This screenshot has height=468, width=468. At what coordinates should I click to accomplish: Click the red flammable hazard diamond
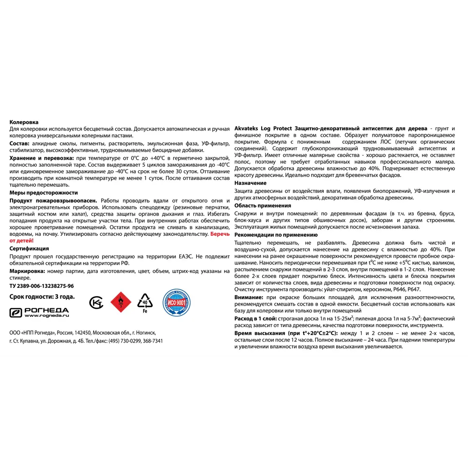(x=120, y=302)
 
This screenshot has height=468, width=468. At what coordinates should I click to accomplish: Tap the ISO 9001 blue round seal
(x=176, y=303)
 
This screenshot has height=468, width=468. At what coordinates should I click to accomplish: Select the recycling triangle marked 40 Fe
(x=145, y=302)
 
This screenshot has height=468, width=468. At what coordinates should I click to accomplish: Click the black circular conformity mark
(x=96, y=303)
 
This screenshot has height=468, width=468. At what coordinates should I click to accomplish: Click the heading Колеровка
(x=24, y=122)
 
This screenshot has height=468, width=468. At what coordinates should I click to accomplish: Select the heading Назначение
(x=250, y=183)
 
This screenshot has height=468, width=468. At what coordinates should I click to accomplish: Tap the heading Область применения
(x=263, y=205)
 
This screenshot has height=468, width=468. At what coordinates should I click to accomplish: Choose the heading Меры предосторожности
(x=44, y=193)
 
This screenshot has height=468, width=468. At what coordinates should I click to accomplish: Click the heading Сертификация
(x=29, y=249)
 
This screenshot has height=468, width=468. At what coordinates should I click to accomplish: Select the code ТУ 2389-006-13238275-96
(x=42, y=285)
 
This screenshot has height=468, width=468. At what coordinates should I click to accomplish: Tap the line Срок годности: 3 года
(x=42, y=296)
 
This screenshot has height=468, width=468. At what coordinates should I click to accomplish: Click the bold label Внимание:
(x=248, y=298)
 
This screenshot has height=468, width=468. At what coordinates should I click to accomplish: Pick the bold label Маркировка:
(x=27, y=271)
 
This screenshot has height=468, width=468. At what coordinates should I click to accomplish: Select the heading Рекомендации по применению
(x=276, y=235)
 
